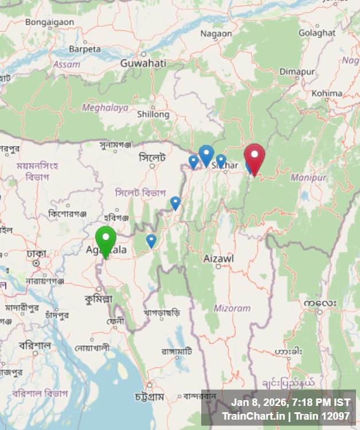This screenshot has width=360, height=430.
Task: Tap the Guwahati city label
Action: pyautogui.click(x=143, y=63)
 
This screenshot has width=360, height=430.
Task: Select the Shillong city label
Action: pyautogui.click(x=153, y=114)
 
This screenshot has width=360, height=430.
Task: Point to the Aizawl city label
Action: pyautogui.click(x=218, y=259)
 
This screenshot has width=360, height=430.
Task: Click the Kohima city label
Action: pyautogui.click(x=328, y=93)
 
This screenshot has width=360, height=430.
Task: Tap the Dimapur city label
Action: pyautogui.click(x=298, y=72)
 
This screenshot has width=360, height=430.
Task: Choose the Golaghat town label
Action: pyautogui.click(x=317, y=33)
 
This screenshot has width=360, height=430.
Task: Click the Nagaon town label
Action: pyautogui.click(x=216, y=34)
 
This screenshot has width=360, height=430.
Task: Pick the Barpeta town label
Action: pyautogui.click(x=85, y=49)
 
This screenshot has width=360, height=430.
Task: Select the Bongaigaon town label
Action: pyautogui.click(x=49, y=22)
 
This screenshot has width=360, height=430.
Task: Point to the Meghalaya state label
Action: pyautogui.click(x=105, y=107)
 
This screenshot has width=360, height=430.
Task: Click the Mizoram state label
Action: pyautogui.click(x=232, y=308)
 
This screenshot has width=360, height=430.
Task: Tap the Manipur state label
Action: pyautogui.click(x=308, y=178)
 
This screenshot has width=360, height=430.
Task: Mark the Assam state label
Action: pyautogui.click(x=66, y=65)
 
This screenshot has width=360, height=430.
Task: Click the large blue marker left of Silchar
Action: pyautogui.click(x=206, y=154)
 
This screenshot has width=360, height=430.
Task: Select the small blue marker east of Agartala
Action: pyautogui.click(x=151, y=240)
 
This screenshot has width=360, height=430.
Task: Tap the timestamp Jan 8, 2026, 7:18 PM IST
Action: pyautogui.click(x=291, y=402)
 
